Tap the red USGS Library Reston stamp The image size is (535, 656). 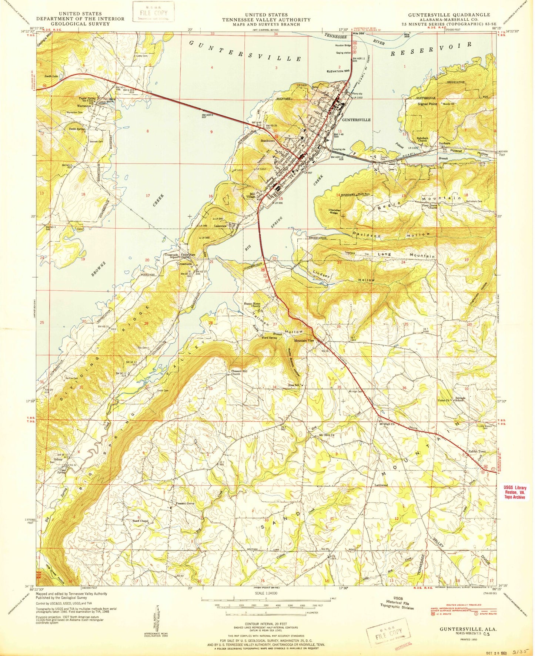point(515,492)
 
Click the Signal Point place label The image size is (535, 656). point(427,104)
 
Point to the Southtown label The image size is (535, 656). point(268,141)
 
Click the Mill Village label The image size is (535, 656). point(253,195)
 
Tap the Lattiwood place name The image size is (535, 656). point(381,485)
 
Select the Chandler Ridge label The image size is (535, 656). point(334,212)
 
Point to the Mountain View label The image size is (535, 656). point(304,341)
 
